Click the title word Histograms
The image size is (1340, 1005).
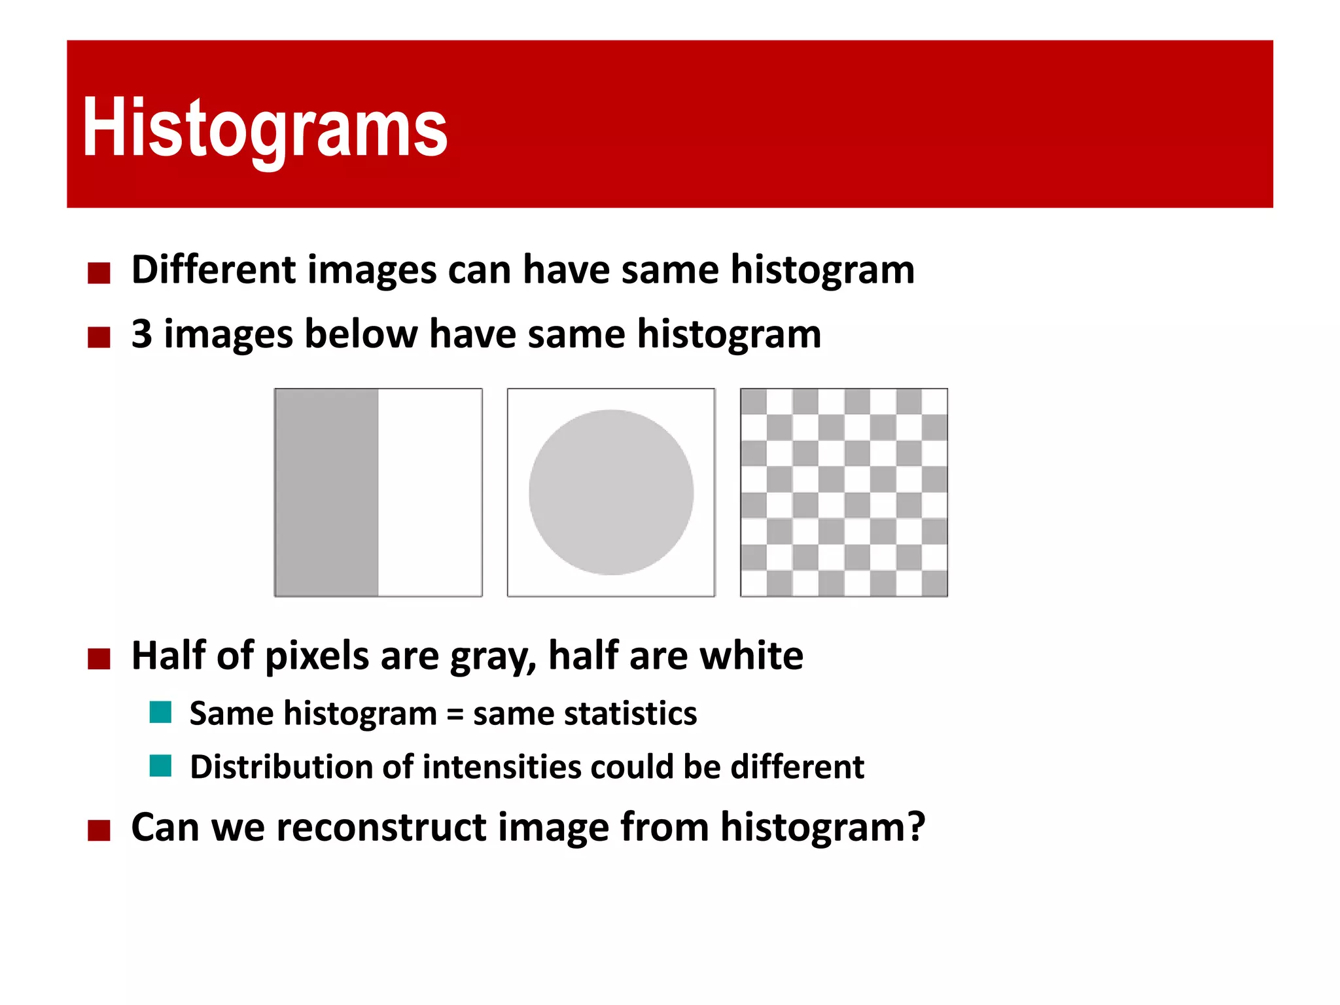tap(264, 128)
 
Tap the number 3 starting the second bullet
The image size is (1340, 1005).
tap(141, 334)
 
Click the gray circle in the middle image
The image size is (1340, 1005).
tap(611, 492)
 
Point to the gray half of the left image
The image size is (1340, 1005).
tap(326, 492)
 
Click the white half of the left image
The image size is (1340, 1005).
tap(430, 492)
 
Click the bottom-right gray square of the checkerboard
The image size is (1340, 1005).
tap(934, 583)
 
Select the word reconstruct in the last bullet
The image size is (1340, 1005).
tap(381, 827)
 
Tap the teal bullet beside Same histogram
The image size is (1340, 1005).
tap(160, 712)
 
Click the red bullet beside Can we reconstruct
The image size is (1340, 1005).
tap(99, 830)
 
